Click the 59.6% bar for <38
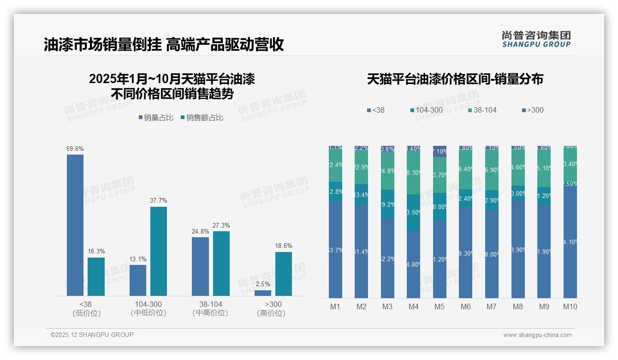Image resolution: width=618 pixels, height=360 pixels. coord(75,225)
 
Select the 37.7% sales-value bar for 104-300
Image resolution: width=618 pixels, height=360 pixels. coord(159,251)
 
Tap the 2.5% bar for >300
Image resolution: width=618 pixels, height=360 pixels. coord(263,293)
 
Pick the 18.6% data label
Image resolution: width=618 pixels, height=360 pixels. coord(284,246)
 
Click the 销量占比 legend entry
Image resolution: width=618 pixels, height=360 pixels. coord(156,118)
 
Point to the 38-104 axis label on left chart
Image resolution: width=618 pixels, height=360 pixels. coord(210,304)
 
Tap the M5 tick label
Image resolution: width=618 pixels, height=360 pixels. coord(440,306)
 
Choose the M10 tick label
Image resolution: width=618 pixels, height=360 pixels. coord(570,306)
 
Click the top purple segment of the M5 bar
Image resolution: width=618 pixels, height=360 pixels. coord(440,151)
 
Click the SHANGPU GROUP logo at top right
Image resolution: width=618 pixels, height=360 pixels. coord(536,39)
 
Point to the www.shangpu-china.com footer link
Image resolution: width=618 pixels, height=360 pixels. coord(537,335)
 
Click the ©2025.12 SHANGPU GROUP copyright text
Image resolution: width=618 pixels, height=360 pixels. coord(92,335)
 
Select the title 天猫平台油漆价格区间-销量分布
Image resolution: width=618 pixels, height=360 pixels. coord(455,79)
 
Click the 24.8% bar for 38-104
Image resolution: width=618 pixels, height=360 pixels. coord(200,266)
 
